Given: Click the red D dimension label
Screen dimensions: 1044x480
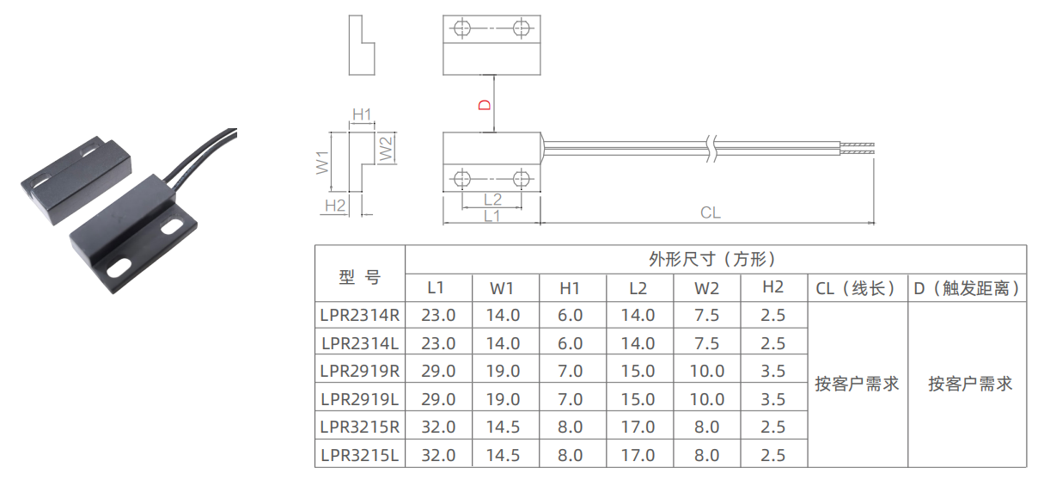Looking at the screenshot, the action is [x=485, y=105].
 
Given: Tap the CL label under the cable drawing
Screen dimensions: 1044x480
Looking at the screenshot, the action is [x=711, y=212].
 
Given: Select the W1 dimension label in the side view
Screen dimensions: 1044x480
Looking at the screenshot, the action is [x=322, y=163].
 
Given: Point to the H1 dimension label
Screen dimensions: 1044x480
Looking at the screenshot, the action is [x=362, y=114].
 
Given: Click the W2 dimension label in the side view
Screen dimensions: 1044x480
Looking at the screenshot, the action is [x=387, y=149].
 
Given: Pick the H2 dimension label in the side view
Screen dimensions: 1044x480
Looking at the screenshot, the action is [x=335, y=206].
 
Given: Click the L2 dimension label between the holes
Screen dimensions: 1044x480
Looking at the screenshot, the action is [x=492, y=200].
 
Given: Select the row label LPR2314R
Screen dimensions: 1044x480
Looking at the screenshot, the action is [x=360, y=316].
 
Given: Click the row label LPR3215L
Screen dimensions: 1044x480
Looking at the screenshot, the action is [x=360, y=455].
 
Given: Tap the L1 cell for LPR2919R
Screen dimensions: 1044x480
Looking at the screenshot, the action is [x=438, y=372].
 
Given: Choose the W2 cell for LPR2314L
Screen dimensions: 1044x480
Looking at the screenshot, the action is [x=706, y=343].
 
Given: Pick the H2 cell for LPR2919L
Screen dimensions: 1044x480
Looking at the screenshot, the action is [x=772, y=399].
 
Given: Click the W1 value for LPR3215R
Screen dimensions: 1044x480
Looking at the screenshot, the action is [x=503, y=428].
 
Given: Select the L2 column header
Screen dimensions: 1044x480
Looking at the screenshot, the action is [x=638, y=288].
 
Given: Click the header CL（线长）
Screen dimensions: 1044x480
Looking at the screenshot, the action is [x=857, y=288].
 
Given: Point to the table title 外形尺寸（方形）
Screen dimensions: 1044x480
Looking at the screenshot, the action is [x=712, y=260].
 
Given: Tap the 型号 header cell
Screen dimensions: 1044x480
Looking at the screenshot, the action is [x=360, y=277].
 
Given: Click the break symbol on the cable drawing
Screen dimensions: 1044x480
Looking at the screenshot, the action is [x=711, y=148].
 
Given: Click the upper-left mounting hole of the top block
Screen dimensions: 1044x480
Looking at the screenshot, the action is [x=462, y=28].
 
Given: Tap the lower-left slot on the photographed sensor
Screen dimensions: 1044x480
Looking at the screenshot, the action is [x=119, y=269].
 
